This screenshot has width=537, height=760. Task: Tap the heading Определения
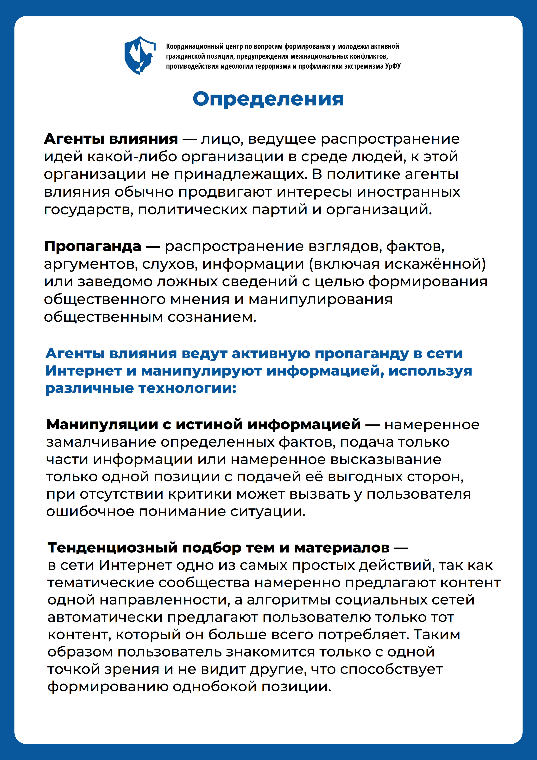pyautogui.click(x=268, y=99)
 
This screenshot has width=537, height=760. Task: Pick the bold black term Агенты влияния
pyautogui.click(x=111, y=139)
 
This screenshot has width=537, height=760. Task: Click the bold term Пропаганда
pyautogui.click(x=93, y=246)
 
